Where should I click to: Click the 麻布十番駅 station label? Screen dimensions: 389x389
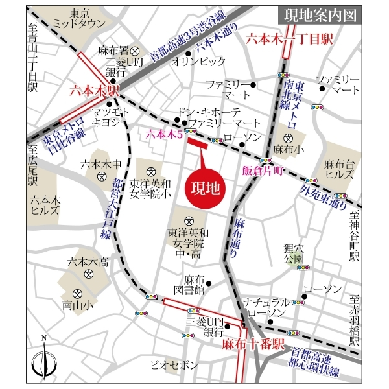tap(253, 344)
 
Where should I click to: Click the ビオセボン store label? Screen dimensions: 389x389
tap(173, 365)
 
